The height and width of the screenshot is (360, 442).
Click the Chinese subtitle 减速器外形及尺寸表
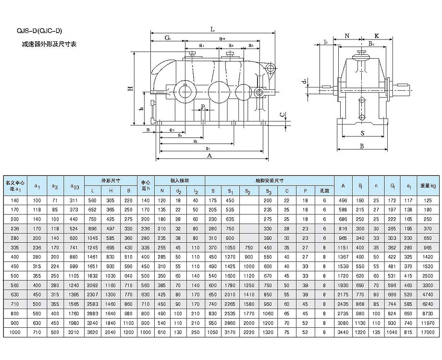coord(49,44)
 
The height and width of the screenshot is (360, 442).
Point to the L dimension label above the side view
coord(212,29)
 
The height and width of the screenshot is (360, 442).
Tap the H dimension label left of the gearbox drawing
coord(130,88)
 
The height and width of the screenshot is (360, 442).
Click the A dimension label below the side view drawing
coord(209,156)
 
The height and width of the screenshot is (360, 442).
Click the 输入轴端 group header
coord(180,180)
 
